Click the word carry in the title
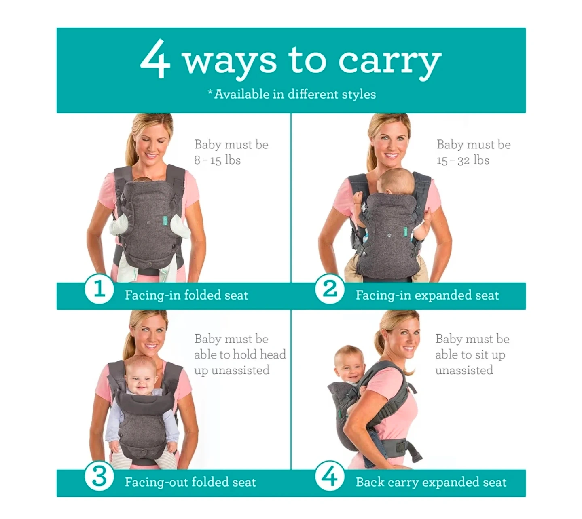coord(389,62)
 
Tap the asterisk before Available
coord(210,92)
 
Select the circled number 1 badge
coord(99,289)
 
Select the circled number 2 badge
coord(330,289)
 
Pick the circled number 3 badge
coord(99,476)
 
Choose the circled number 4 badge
coord(330,476)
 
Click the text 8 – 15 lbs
coord(218,160)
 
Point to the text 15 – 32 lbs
coord(463,160)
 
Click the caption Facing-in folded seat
coord(186,295)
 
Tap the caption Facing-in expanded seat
coord(427,295)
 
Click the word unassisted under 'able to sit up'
coord(464,370)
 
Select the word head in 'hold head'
coord(273,354)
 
